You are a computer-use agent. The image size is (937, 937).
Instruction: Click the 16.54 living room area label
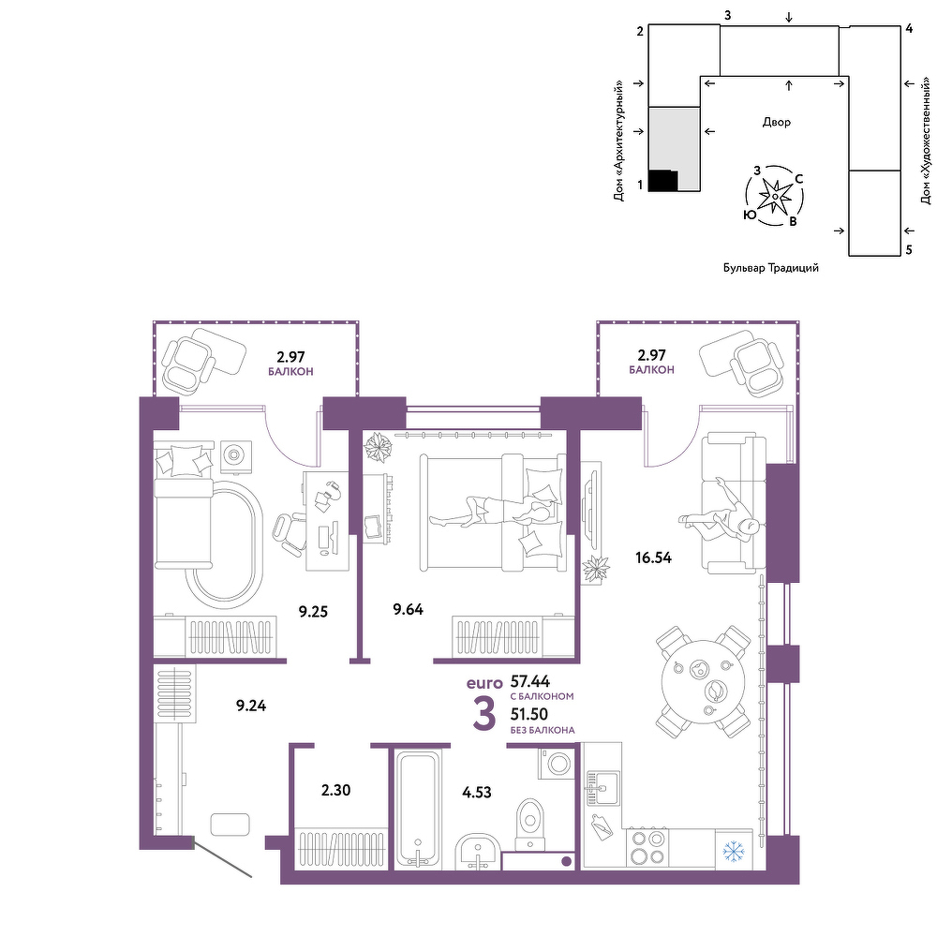[x=653, y=558]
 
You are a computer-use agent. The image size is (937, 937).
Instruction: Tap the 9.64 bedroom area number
[x=409, y=609]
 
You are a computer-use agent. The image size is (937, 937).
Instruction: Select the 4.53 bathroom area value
[x=477, y=793]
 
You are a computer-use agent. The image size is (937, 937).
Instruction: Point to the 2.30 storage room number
[x=335, y=790]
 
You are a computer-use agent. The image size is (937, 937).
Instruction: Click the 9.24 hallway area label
[x=251, y=706]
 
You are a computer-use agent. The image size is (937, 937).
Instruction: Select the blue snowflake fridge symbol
[x=733, y=851]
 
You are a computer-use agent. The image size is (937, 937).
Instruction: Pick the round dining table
[x=704, y=682]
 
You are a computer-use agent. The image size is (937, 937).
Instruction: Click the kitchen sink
[x=602, y=788]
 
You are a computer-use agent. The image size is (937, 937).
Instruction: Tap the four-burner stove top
[x=647, y=848]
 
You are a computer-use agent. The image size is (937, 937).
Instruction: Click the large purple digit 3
[x=484, y=714]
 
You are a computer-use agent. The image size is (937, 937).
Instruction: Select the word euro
[x=484, y=683]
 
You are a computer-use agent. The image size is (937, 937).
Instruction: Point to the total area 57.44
[x=530, y=681]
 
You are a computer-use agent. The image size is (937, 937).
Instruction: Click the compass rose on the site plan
[x=774, y=196]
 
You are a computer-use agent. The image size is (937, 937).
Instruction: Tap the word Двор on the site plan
[x=776, y=122]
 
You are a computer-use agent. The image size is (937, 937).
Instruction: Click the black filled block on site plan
[x=663, y=181]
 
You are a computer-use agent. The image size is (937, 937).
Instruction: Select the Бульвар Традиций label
[x=771, y=268]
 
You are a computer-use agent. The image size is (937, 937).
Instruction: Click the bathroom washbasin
[x=478, y=852]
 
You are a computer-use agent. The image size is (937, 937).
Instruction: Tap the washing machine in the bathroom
[x=557, y=763]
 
